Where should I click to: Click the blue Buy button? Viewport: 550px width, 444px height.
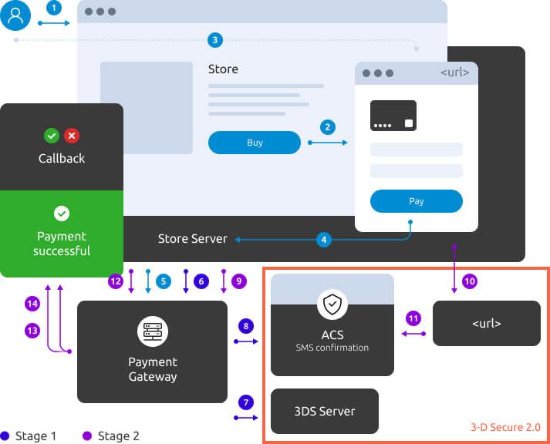click(x=255, y=143)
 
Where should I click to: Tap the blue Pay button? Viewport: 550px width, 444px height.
click(x=417, y=201)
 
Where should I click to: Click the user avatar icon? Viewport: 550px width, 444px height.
click(x=16, y=15)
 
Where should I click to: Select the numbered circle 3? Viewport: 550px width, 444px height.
click(x=215, y=39)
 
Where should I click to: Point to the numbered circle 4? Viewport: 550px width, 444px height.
click(x=324, y=240)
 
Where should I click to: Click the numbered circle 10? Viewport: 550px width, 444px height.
click(x=470, y=281)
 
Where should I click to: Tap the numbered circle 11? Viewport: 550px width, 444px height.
click(x=413, y=318)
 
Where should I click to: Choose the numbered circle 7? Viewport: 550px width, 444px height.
click(x=246, y=402)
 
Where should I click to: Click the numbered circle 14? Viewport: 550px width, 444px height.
click(x=32, y=304)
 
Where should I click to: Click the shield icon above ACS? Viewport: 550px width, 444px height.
click(x=332, y=305)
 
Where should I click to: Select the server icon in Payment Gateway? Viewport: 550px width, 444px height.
click(x=152, y=331)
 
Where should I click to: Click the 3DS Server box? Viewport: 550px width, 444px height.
click(x=325, y=411)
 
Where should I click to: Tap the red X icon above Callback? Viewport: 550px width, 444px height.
click(x=72, y=136)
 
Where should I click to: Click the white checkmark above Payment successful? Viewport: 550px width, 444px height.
click(x=62, y=214)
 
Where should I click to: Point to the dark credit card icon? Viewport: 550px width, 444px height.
click(x=393, y=116)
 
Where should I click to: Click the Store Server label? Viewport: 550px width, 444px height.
click(x=193, y=239)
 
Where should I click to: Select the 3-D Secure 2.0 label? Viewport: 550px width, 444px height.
click(x=505, y=427)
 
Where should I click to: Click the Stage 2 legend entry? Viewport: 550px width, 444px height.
click(x=108, y=436)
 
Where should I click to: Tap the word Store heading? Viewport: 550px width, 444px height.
click(x=223, y=69)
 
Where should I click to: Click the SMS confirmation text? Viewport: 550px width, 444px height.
click(x=332, y=348)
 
